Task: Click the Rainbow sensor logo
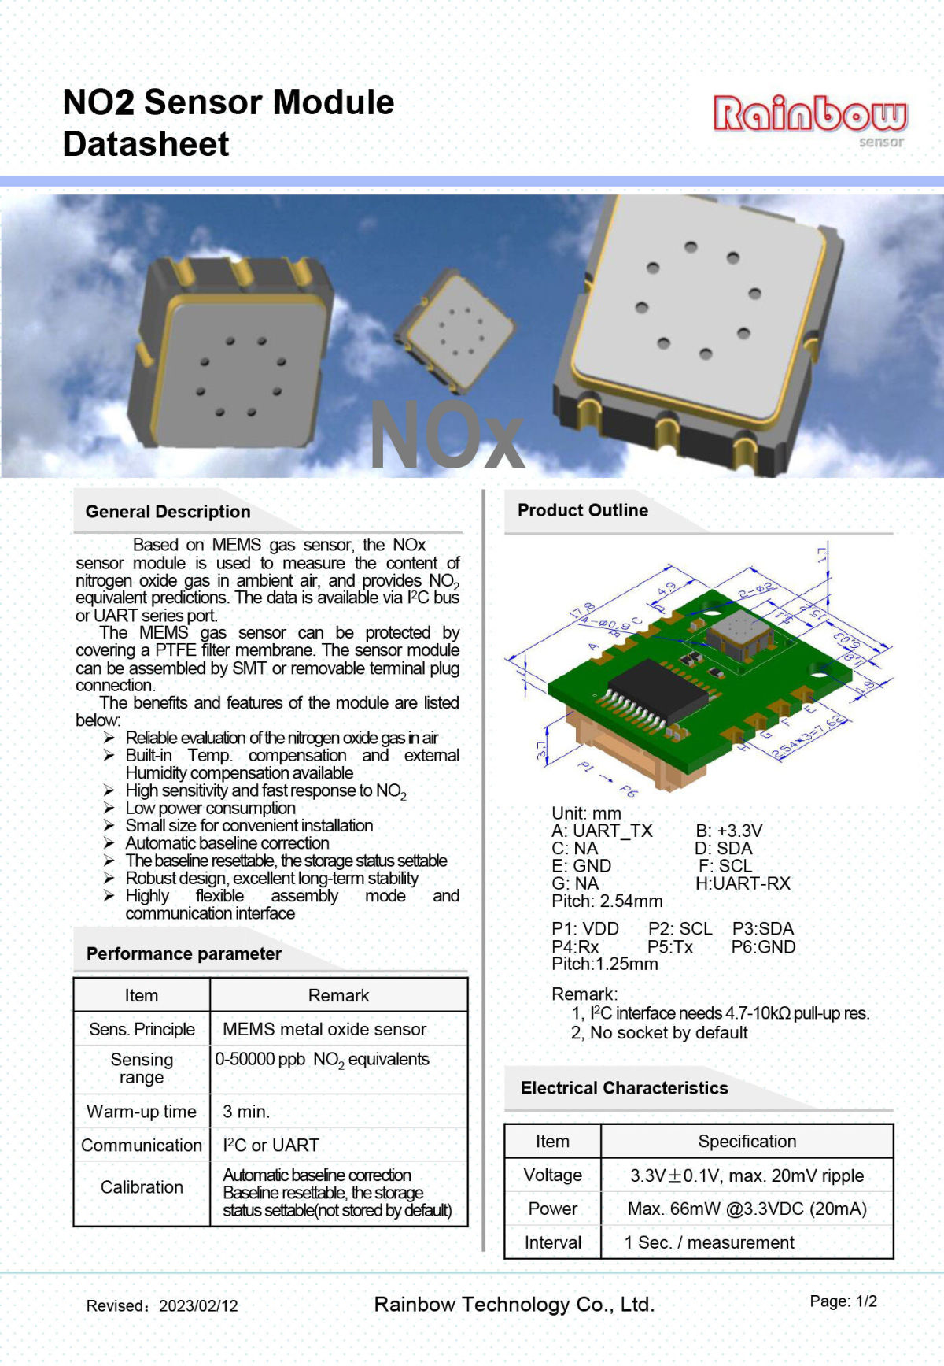pyautogui.click(x=809, y=119)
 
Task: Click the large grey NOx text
pyautogui.click(x=446, y=436)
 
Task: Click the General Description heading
pyautogui.click(x=168, y=512)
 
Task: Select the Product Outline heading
pyautogui.click(x=582, y=510)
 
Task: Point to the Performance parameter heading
pyautogui.click(x=183, y=953)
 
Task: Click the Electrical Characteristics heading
pyautogui.click(x=624, y=1088)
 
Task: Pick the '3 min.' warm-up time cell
pyautogui.click(x=246, y=1112)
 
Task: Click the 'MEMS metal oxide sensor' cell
pyautogui.click(x=324, y=1029)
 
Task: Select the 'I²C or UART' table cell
pyautogui.click(x=271, y=1145)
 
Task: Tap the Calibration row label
pyautogui.click(x=142, y=1187)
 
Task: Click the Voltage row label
pyautogui.click(x=552, y=1175)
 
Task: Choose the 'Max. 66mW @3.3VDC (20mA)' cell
pyautogui.click(x=747, y=1209)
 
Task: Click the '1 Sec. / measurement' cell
pyautogui.click(x=709, y=1242)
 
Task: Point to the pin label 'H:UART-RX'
pyautogui.click(x=743, y=883)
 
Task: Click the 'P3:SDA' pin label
pyautogui.click(x=763, y=929)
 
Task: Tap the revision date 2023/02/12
pyautogui.click(x=198, y=1305)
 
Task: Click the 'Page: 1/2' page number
pyautogui.click(x=843, y=1301)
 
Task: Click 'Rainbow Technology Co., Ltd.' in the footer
pyautogui.click(x=514, y=1305)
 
